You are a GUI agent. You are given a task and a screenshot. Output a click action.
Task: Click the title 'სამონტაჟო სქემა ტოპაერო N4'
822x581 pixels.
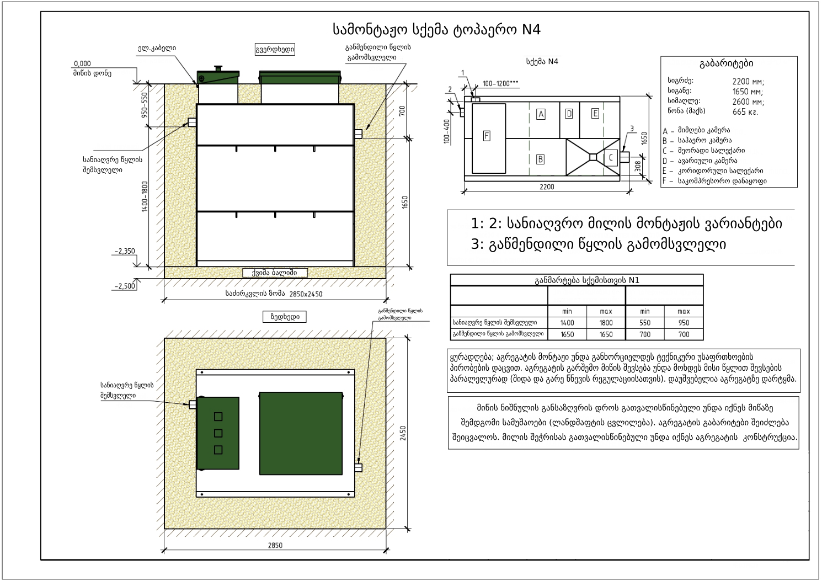tap(436, 29)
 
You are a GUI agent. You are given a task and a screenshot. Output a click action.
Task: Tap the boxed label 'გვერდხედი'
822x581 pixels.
tap(274, 50)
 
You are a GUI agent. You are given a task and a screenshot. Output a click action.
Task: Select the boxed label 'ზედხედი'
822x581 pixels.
tap(285, 317)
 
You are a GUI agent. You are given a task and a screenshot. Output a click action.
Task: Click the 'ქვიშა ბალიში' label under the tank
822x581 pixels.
tap(274, 273)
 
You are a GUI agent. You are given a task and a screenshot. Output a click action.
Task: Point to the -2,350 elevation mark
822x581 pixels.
tap(125, 251)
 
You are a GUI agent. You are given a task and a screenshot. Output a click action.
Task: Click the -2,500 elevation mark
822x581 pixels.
tap(125, 286)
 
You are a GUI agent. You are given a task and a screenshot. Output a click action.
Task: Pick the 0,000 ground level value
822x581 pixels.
tap(82, 63)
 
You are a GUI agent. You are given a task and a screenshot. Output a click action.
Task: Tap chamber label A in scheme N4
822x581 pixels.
tap(541, 114)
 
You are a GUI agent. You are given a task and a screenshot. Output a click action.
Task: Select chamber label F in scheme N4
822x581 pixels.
tap(487, 136)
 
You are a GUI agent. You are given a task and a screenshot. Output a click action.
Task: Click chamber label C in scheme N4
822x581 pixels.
tap(611, 157)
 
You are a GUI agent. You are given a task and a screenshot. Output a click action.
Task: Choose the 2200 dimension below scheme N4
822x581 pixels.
tap(547, 186)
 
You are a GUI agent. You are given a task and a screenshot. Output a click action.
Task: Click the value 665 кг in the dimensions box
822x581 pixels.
tap(745, 112)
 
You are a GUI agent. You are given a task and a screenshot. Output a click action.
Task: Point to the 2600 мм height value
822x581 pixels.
tap(748, 102)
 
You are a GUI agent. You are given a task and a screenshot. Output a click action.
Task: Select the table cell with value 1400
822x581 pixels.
tap(567, 323)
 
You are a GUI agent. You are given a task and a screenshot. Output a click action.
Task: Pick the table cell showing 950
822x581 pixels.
tap(684, 323)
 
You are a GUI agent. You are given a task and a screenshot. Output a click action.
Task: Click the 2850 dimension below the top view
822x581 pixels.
tap(275, 545)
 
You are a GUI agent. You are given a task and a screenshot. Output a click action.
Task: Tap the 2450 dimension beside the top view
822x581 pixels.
tap(403, 433)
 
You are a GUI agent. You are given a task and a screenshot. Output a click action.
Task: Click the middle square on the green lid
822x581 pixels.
tap(218, 433)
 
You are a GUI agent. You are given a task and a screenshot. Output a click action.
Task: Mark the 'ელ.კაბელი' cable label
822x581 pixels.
tap(157, 49)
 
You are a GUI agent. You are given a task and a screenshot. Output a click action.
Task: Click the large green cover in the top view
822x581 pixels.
tap(301, 433)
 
